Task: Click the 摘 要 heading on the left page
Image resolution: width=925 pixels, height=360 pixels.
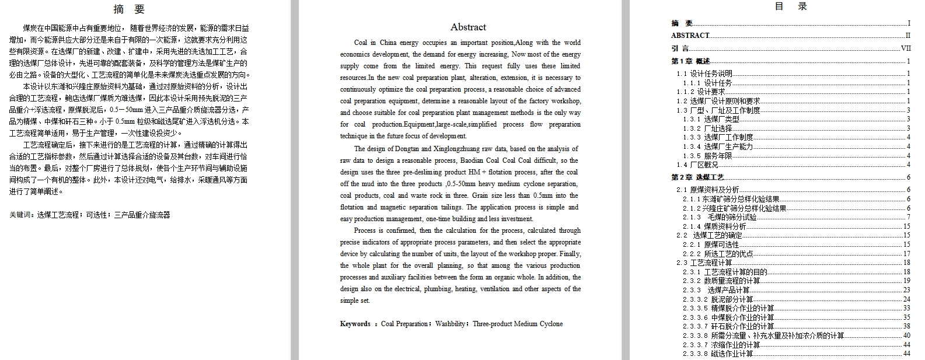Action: click(x=130, y=9)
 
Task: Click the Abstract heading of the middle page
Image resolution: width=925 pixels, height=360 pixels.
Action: click(x=468, y=27)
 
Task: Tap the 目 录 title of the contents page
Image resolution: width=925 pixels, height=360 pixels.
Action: click(x=791, y=7)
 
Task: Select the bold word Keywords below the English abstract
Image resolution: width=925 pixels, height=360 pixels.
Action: click(x=355, y=324)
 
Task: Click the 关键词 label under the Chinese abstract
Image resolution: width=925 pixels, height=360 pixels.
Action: click(x=20, y=215)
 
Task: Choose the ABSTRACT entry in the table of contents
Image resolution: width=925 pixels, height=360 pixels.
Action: click(x=690, y=36)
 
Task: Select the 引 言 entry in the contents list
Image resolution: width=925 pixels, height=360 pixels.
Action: click(x=680, y=49)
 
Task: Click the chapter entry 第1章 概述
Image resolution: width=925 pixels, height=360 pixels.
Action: click(x=691, y=61)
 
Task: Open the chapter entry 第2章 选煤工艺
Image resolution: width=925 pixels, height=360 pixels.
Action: click(x=697, y=177)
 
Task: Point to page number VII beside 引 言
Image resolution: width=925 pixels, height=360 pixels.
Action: click(x=906, y=49)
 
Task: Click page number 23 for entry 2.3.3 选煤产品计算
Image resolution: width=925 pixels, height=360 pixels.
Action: click(x=906, y=290)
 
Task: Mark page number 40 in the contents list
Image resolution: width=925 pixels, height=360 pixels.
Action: click(x=906, y=335)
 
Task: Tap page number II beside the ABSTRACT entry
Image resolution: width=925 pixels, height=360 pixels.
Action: click(x=907, y=36)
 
